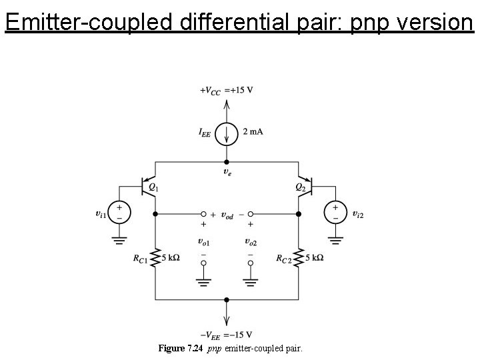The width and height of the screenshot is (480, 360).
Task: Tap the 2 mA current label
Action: [x=253, y=131]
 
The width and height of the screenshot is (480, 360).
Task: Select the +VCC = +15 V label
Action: [x=226, y=91]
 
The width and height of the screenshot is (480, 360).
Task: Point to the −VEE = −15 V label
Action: [x=226, y=335]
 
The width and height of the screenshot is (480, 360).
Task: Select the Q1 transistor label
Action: [x=153, y=188]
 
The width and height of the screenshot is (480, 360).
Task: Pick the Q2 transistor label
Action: [x=301, y=187]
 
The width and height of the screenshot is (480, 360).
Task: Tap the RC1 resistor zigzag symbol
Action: [x=155, y=258]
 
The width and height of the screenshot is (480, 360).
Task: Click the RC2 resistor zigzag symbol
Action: [x=299, y=258]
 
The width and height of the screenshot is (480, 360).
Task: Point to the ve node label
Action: [x=227, y=172]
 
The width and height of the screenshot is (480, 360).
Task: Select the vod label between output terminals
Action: [x=227, y=215]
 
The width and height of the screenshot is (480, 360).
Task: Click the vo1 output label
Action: [x=203, y=241]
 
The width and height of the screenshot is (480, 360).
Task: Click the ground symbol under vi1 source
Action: [x=119, y=239]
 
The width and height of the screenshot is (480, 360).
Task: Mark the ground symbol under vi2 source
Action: [x=335, y=239]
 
